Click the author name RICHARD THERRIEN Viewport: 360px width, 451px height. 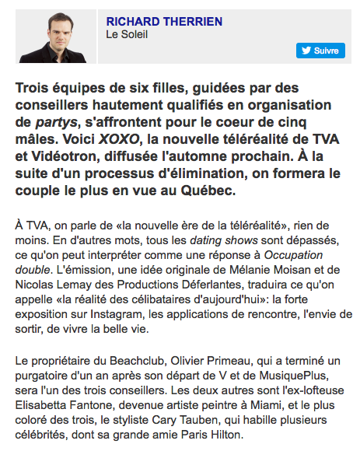click(163, 21)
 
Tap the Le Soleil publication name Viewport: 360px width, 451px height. click(127, 34)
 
